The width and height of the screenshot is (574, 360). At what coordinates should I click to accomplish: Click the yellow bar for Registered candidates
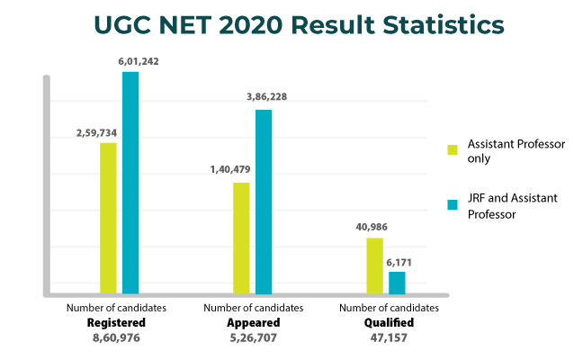click(108, 218)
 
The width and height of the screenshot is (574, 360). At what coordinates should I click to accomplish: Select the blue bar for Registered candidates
click(130, 183)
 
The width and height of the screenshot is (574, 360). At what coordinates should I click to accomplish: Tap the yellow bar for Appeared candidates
click(241, 238)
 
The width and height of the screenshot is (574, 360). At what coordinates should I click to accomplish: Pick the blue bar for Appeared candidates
click(264, 202)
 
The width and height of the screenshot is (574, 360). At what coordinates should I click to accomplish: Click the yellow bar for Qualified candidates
click(374, 265)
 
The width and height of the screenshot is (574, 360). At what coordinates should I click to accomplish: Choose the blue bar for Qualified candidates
click(397, 283)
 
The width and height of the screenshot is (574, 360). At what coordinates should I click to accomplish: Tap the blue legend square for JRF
click(453, 204)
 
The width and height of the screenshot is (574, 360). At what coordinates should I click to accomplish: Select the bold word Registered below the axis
click(115, 322)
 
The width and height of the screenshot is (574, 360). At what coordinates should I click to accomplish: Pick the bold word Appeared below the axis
click(253, 322)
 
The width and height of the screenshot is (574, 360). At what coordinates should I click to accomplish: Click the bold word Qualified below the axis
click(388, 322)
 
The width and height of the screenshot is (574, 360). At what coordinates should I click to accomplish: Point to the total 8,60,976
click(115, 338)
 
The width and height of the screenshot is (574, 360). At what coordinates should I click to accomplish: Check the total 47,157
click(388, 338)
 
